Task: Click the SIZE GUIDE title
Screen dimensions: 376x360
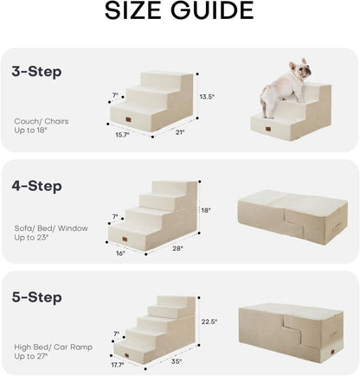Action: [x=179, y=11]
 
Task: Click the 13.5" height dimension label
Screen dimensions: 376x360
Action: [x=205, y=96]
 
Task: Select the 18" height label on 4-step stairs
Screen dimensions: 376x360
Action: [x=206, y=209]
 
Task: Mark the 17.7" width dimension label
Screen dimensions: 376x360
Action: [x=119, y=364]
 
